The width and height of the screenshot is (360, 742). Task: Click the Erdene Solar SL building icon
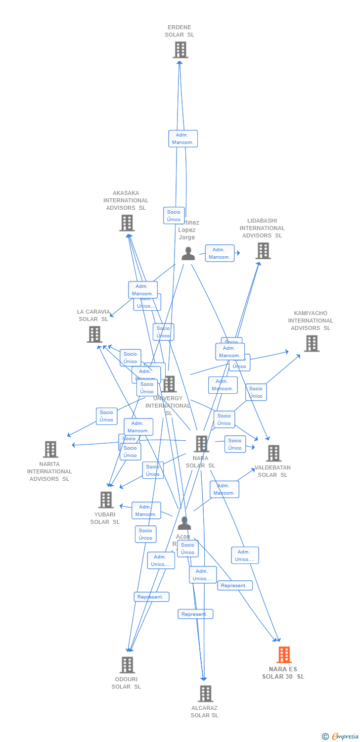[x=180, y=50]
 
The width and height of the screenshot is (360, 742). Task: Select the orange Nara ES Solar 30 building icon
[x=284, y=655]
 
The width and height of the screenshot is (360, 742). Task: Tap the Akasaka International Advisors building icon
[x=127, y=223]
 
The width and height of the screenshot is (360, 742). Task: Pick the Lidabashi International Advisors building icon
[x=263, y=251]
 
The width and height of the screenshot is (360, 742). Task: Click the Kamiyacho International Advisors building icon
[x=312, y=343]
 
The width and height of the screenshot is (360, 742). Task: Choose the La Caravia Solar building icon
[x=94, y=334]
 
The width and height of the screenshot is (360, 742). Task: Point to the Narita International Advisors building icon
[x=50, y=450]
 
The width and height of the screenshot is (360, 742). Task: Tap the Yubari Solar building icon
[x=106, y=500]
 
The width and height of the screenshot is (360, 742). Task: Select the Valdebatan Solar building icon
[x=273, y=453]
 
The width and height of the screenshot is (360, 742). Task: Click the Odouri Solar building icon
[x=127, y=665]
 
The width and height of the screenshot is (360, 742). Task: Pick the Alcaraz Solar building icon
[x=205, y=694]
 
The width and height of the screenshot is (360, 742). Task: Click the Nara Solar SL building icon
[x=201, y=444]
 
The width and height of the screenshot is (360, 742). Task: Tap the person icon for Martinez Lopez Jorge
[x=188, y=253]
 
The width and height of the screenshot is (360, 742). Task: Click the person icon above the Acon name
[x=184, y=523]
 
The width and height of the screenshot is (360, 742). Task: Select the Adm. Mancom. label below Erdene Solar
[x=183, y=139]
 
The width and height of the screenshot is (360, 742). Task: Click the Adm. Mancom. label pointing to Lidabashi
[x=220, y=253]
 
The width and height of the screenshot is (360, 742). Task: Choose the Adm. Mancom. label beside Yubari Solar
[x=146, y=510]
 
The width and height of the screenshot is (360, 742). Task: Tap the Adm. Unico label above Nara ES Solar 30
[x=245, y=556]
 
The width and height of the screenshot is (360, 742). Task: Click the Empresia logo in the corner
[x=341, y=736]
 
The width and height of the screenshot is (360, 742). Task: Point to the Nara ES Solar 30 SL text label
[x=283, y=673]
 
